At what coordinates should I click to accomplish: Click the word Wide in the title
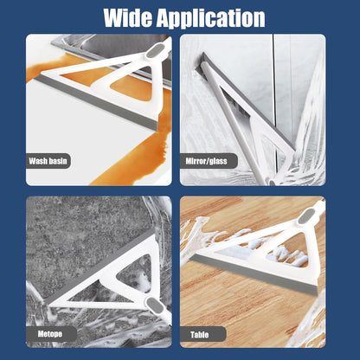(x=128, y=18)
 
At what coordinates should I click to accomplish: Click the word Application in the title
(x=210, y=19)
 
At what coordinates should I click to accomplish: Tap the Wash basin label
(x=48, y=161)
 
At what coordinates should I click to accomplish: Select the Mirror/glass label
(x=207, y=161)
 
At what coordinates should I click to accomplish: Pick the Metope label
(x=50, y=334)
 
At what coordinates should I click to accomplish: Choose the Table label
(x=199, y=335)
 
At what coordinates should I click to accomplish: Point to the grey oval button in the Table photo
(x=305, y=217)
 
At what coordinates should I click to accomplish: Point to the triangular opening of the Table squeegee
(x=287, y=251)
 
